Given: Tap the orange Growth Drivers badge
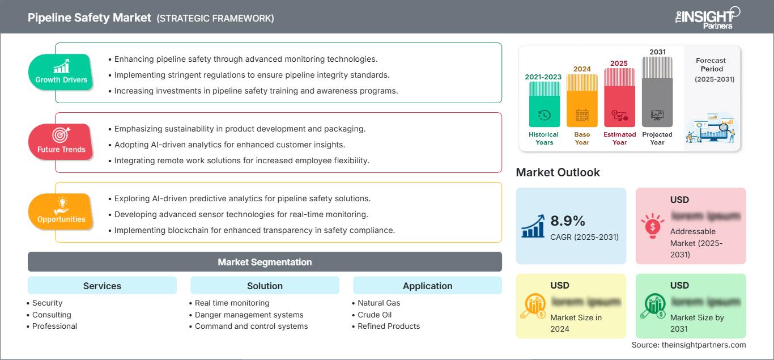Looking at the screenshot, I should [61, 73].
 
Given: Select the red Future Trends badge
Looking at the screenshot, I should [61, 142].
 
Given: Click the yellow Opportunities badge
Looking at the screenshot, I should [61, 211].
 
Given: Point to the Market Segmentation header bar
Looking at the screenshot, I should [265, 262].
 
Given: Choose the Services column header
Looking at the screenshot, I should [102, 286].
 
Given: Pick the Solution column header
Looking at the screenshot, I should [265, 286].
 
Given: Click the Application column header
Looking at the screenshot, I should [427, 286].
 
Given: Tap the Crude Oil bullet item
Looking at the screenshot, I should [375, 315].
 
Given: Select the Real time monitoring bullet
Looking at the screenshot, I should [232, 303].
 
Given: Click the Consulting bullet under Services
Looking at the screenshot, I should [52, 315].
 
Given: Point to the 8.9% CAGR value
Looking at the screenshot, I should [568, 221].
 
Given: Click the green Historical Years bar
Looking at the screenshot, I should [544, 104].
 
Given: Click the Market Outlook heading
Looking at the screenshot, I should [558, 172].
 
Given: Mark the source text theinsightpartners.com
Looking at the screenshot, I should [689, 345].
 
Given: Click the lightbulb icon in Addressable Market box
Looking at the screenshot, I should [652, 225].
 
